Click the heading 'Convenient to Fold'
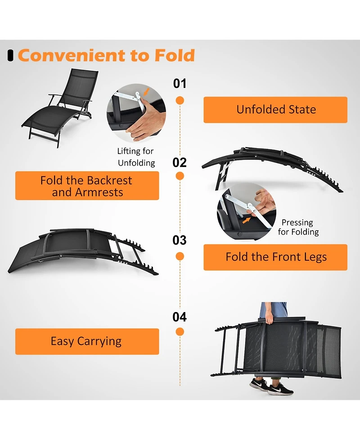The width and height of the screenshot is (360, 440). point(106,55)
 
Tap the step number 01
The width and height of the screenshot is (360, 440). point(180,83)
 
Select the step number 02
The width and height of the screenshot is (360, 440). point(180,162)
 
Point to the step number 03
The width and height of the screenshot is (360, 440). point(180,240)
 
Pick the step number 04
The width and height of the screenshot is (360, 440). point(180,317)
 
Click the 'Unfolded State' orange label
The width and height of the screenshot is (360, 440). point(275,109)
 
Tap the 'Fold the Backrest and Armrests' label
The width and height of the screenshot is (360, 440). point(87,186)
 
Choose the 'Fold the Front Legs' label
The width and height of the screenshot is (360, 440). point(275,257)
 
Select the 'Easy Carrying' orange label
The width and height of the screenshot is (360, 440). point(87,341)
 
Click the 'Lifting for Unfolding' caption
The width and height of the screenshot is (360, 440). point(136,157)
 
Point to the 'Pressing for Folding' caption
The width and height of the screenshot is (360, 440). point(298,227)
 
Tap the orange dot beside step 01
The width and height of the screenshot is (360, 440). point(180,100)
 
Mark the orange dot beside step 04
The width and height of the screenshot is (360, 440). point(180,332)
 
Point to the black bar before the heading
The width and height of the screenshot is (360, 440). point(10,55)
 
